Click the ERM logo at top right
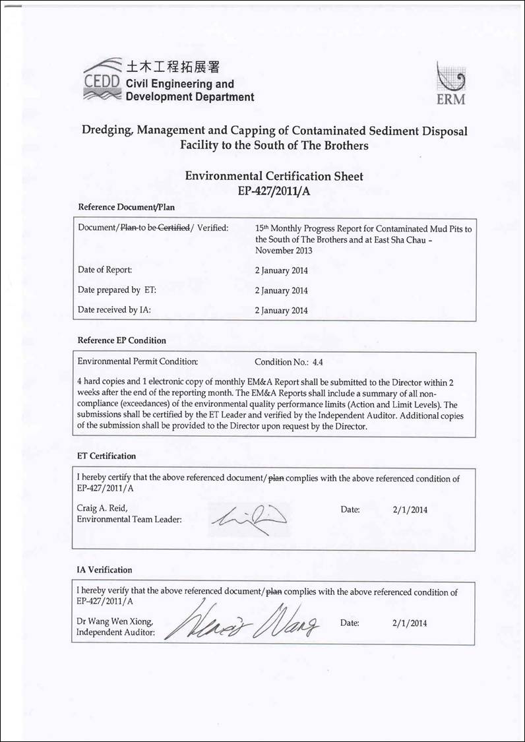click(451, 84)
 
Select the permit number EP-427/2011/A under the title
click(274, 190)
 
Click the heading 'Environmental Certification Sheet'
click(274, 176)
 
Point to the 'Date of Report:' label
click(105, 270)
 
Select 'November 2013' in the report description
click(284, 251)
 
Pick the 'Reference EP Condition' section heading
click(122, 340)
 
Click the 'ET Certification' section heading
click(106, 456)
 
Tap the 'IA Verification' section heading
click(105, 570)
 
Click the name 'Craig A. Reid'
click(102, 508)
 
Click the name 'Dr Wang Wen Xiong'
click(115, 621)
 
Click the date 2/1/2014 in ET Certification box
click(410, 510)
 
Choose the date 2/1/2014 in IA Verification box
click(410, 623)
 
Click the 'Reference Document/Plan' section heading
click(126, 206)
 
